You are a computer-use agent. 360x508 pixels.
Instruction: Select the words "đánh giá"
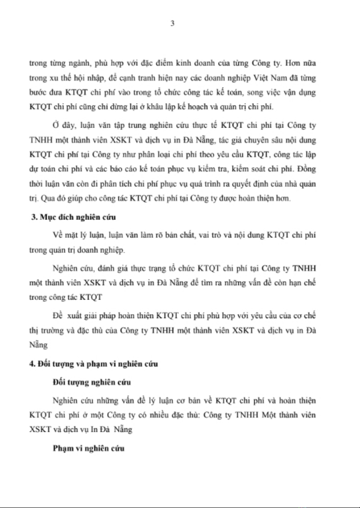point(104,268)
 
